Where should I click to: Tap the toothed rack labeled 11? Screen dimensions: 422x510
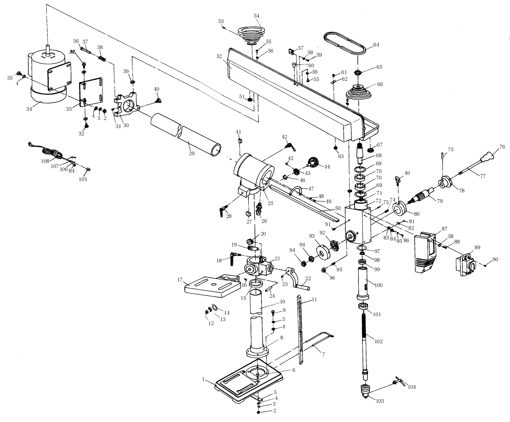pos(301,328)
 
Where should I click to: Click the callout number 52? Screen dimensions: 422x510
pos(219,56)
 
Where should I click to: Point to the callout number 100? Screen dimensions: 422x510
pos(378,285)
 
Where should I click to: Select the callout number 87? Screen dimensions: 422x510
pos(444,229)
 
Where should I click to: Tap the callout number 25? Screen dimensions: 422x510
pos(270,203)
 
